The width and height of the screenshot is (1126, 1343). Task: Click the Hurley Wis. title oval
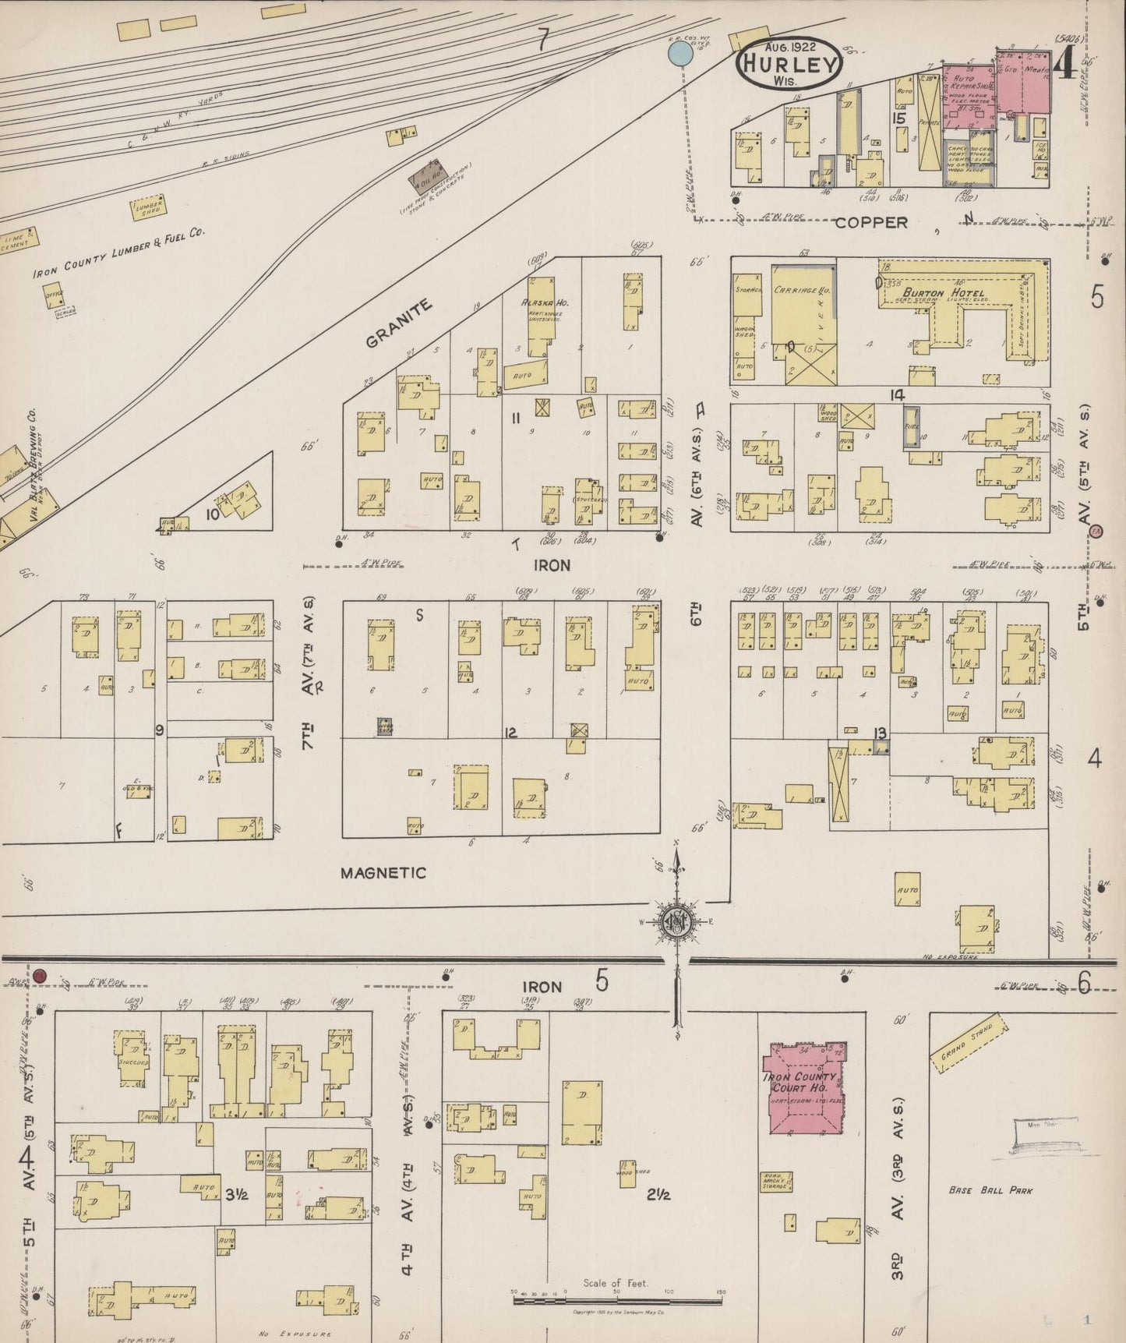coord(789,66)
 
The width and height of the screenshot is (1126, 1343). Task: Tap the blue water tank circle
coord(680,53)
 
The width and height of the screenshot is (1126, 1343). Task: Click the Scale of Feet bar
coord(616,1299)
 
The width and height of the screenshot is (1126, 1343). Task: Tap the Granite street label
coord(399,324)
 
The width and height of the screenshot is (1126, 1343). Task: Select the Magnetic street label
coord(383,872)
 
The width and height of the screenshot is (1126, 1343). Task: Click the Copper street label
coord(871,222)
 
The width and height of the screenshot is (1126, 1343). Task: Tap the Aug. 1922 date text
coord(789,47)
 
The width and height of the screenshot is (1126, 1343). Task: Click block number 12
coord(510,733)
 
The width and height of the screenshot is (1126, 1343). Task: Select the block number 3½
coord(236,1193)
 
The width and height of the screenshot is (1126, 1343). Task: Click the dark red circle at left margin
coord(41,976)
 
